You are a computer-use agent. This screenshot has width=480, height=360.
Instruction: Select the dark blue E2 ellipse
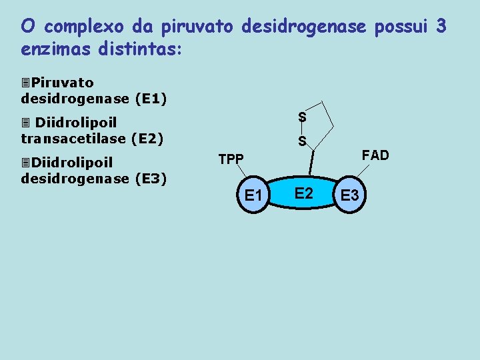coord(303,193)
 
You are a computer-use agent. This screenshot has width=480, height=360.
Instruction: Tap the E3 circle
coord(350,195)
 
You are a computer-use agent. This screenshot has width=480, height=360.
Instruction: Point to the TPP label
coord(231,159)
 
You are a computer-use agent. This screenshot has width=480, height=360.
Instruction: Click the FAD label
coord(375,155)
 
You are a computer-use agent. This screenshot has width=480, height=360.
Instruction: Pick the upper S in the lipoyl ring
coord(302,117)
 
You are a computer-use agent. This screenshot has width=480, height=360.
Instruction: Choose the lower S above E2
coord(302,141)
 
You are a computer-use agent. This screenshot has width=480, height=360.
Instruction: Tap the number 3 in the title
coord(441,27)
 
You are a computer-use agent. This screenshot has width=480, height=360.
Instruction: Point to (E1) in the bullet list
coord(150,99)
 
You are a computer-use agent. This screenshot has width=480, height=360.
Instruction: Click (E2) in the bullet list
coord(147,139)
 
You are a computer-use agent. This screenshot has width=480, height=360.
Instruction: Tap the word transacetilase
coord(73,139)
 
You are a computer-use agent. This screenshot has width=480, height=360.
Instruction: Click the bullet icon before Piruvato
coord(25,83)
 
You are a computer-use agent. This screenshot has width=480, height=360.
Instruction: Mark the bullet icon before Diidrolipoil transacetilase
coord(25,123)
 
